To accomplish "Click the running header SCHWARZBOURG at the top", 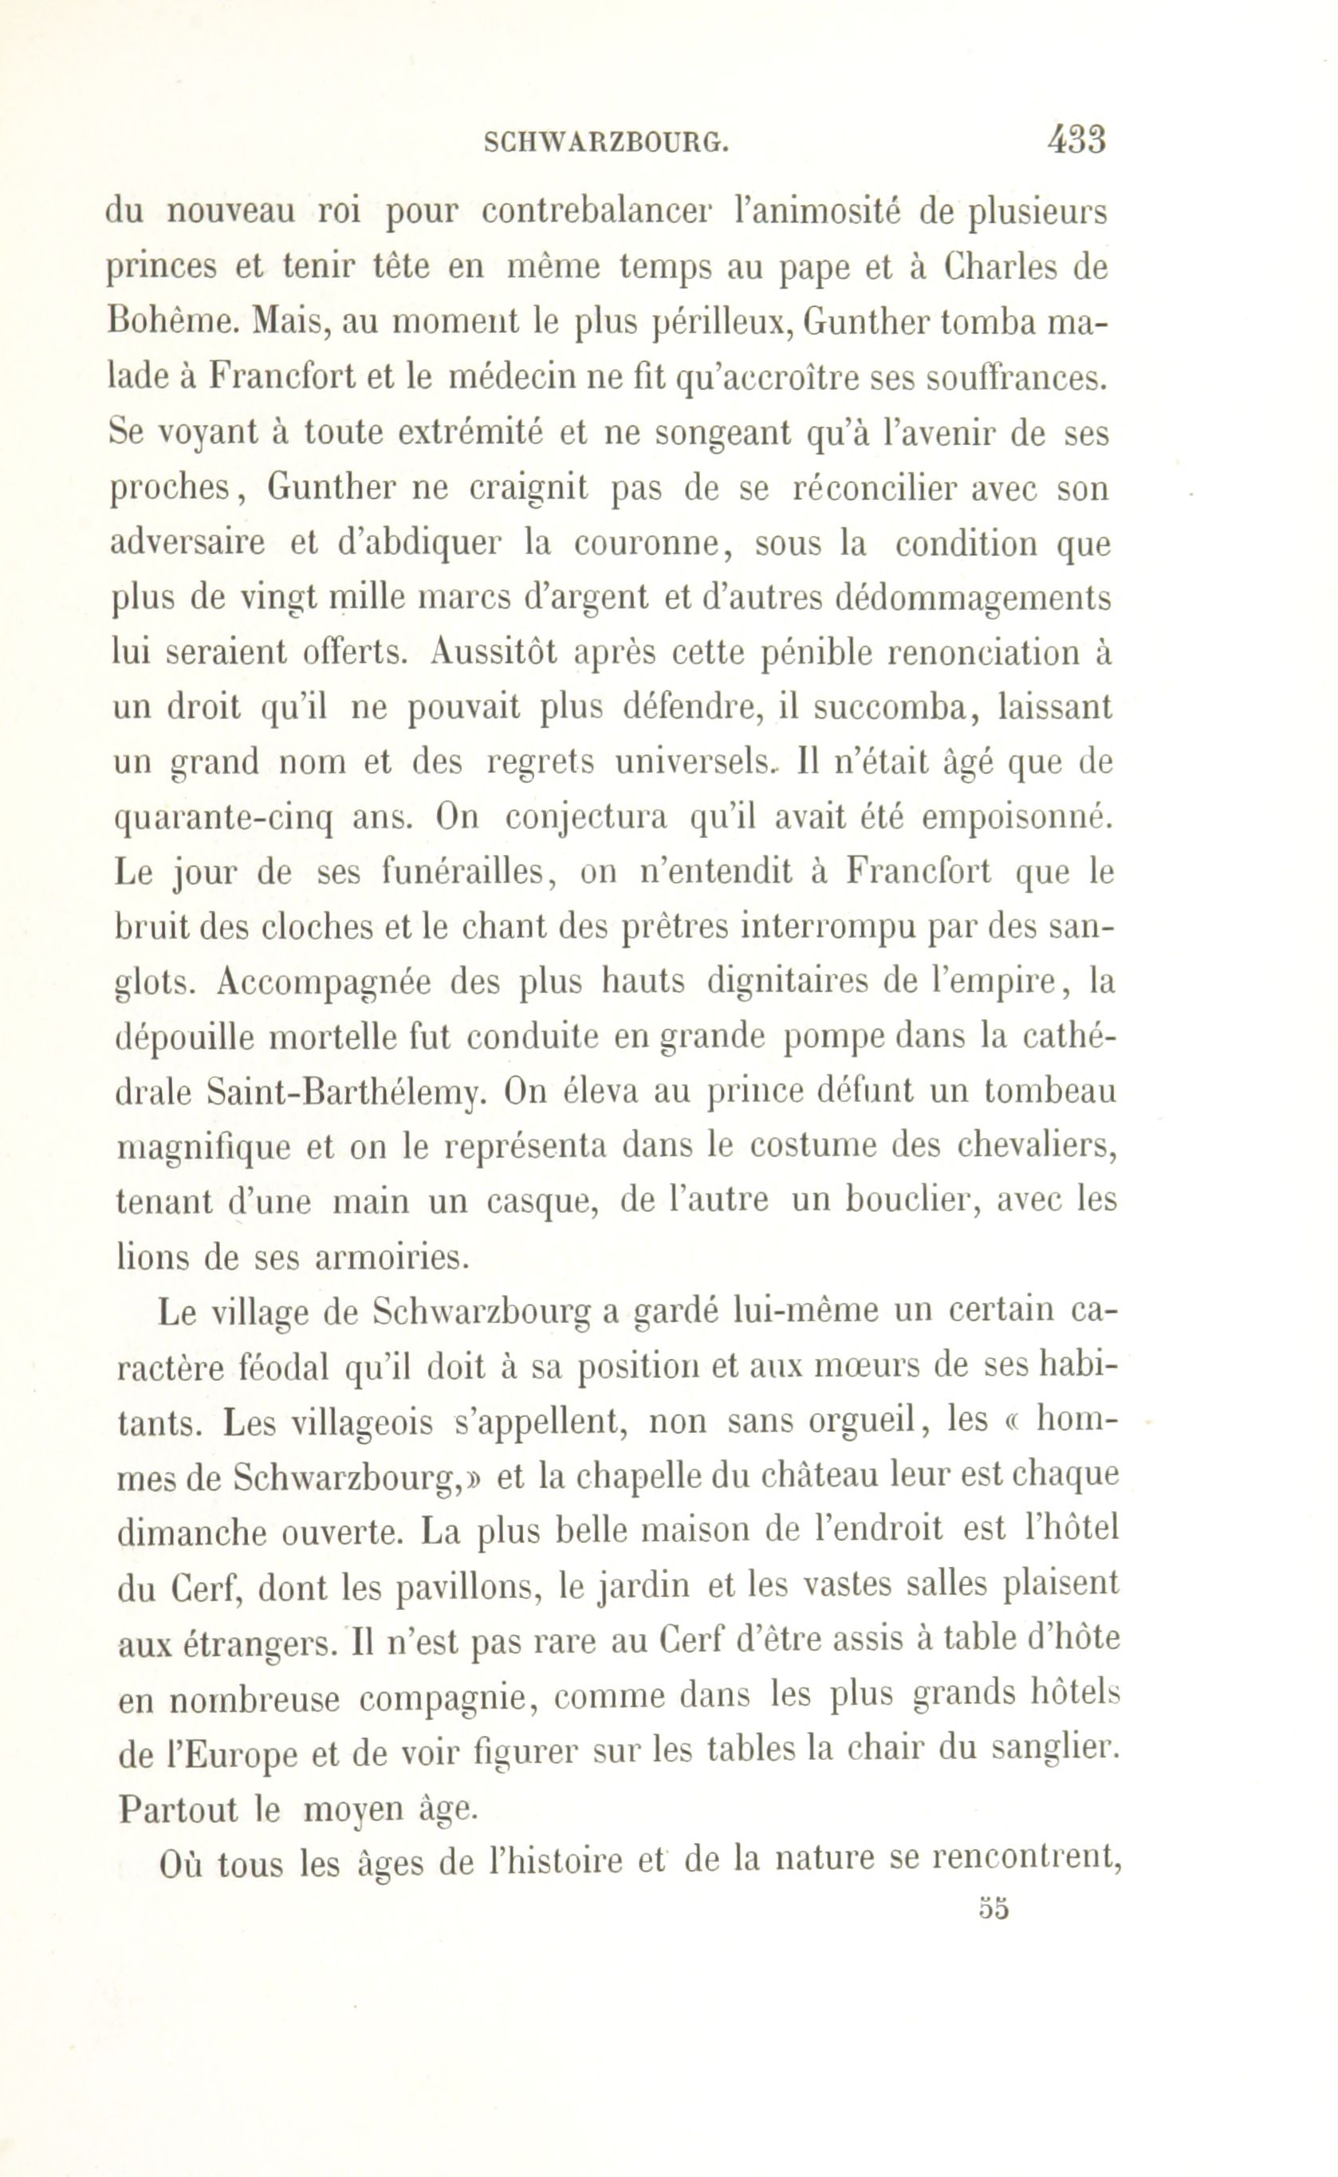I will (606, 142).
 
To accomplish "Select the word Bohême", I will (171, 322).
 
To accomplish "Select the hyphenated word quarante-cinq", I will (221, 817).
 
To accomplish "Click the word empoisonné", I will (1014, 817).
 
